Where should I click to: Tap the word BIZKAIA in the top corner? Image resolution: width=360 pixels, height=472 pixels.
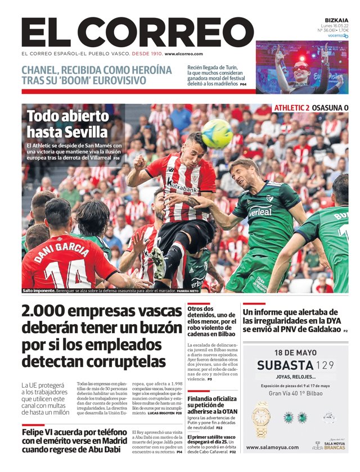coord(336,20)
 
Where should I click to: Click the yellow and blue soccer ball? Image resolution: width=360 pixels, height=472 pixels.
coord(217,133)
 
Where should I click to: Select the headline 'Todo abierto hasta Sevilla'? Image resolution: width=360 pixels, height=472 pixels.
coord(67,124)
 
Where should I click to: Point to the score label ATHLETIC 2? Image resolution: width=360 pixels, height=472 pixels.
coord(292,108)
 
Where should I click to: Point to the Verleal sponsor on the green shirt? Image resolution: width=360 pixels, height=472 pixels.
coord(260,212)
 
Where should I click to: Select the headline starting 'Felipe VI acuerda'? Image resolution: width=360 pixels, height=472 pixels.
coord(74,441)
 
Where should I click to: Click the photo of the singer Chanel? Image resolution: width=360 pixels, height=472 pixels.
coord(301,67)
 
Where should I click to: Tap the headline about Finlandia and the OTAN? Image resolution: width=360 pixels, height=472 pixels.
coord(213,403)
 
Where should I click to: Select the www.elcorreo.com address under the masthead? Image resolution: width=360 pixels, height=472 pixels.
coord(184,54)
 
